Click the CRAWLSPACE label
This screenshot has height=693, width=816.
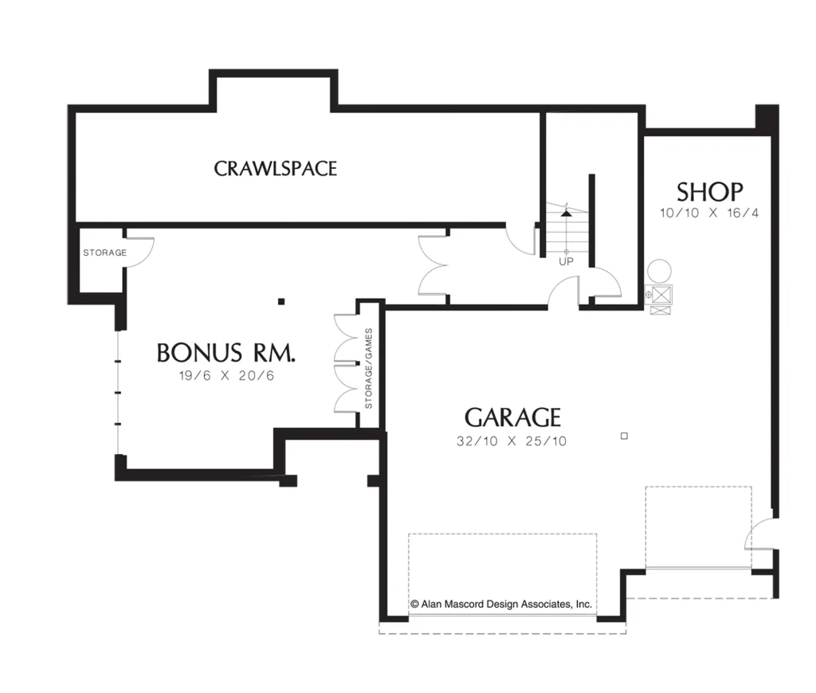[275, 169]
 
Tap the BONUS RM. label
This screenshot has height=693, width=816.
[226, 352]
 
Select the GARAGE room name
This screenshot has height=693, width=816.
[512, 417]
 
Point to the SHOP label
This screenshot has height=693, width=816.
[709, 192]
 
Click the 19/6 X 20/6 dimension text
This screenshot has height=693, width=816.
[226, 376]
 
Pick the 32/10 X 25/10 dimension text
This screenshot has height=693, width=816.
[512, 441]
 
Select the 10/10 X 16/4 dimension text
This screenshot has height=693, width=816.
[709, 213]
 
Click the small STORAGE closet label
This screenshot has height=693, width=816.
[104, 253]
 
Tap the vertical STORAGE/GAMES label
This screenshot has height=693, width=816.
[369, 368]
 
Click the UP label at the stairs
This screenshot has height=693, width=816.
[567, 261]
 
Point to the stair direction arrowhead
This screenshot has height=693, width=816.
[567, 213]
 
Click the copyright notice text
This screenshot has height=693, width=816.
[501, 604]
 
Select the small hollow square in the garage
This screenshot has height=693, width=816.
[625, 436]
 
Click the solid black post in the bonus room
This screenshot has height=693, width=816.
[281, 301]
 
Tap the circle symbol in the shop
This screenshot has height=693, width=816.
[659, 271]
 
